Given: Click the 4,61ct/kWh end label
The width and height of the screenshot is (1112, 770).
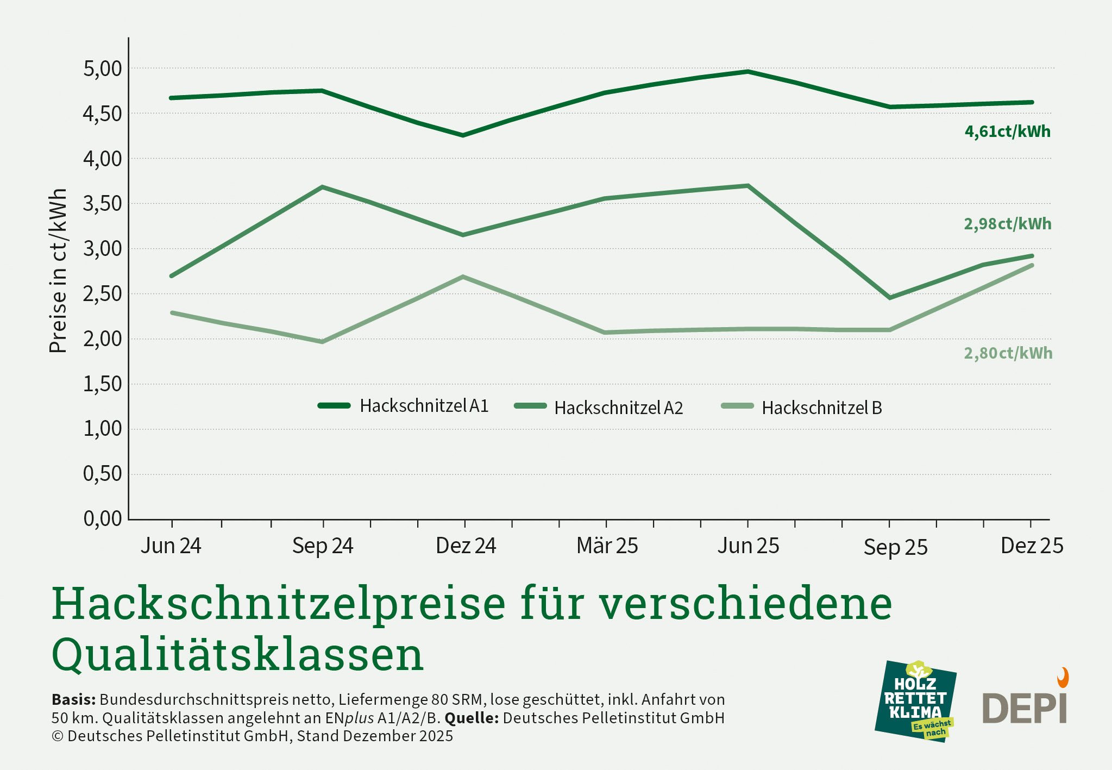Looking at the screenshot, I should click(1007, 132).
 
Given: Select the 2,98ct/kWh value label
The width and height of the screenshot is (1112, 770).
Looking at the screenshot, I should click(1007, 224).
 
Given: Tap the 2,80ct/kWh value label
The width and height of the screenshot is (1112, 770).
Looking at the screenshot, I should click(1008, 353).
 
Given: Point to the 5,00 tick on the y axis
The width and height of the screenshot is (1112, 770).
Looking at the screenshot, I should click(103, 69).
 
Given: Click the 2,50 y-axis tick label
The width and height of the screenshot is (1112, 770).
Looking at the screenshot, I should click(103, 294).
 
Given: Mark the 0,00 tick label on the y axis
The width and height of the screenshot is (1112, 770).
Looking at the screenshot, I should click(103, 519).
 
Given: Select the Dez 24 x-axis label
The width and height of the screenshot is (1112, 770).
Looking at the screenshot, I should click(466, 546).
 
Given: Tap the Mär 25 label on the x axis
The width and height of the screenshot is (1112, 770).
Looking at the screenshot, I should click(607, 546).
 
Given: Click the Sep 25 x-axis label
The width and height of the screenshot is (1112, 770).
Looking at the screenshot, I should click(895, 547).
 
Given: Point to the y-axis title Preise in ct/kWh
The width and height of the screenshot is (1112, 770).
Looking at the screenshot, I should click(58, 271).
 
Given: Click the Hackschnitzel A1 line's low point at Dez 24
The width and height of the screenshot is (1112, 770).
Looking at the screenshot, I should click(463, 135).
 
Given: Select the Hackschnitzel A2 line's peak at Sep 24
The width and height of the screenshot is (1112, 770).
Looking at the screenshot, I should click(323, 187).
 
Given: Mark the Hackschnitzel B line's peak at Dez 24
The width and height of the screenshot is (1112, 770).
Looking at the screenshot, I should click(463, 277).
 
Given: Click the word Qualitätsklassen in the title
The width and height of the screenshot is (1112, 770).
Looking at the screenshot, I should click(237, 654).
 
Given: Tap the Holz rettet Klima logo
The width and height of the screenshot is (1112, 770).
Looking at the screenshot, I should click(915, 702).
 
